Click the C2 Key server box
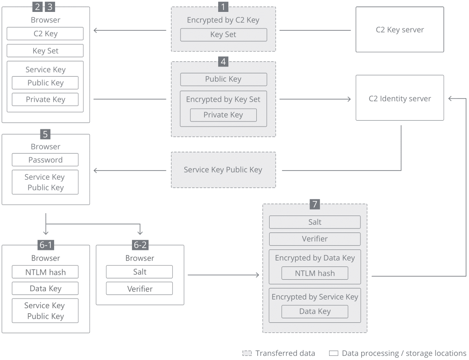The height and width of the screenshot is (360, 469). click(399, 29)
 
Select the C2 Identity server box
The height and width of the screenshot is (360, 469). click(399, 98)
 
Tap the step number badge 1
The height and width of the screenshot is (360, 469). click(223, 7)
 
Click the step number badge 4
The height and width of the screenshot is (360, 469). click(223, 61)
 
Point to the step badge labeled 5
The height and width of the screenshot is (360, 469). click(45, 134)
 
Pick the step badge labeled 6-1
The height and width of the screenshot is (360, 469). click(45, 245)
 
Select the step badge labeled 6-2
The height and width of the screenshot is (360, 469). click(140, 245)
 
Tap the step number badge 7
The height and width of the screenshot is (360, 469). click(315, 204)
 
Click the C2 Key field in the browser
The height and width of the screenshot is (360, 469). click(45, 33)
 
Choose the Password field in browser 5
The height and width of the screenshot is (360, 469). click(45, 160)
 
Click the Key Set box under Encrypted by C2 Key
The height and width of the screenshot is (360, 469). click(223, 35)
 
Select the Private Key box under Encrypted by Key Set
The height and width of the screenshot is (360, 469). click(223, 115)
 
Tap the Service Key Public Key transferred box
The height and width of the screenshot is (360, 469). click(223, 170)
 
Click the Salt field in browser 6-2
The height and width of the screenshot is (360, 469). click(139, 271)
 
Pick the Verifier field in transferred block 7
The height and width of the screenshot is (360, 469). click(315, 239)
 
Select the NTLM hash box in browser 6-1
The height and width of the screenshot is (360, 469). click(45, 271)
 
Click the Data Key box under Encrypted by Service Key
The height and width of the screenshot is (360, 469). click(315, 311)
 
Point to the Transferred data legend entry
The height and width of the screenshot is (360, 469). click(280, 353)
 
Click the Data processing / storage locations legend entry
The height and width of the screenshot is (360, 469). click(398, 353)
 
